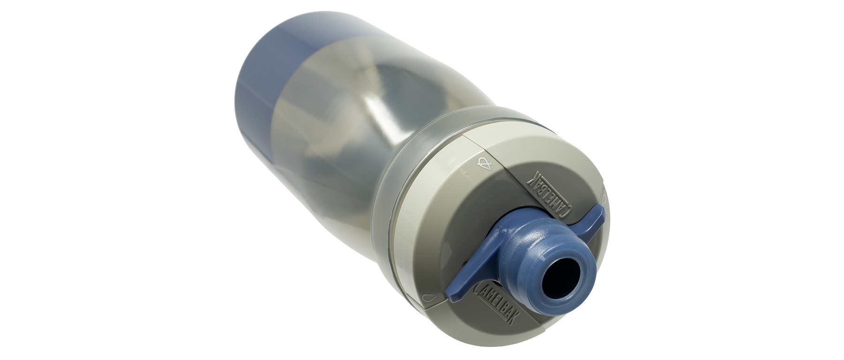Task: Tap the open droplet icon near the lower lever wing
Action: (x=431, y=297)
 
